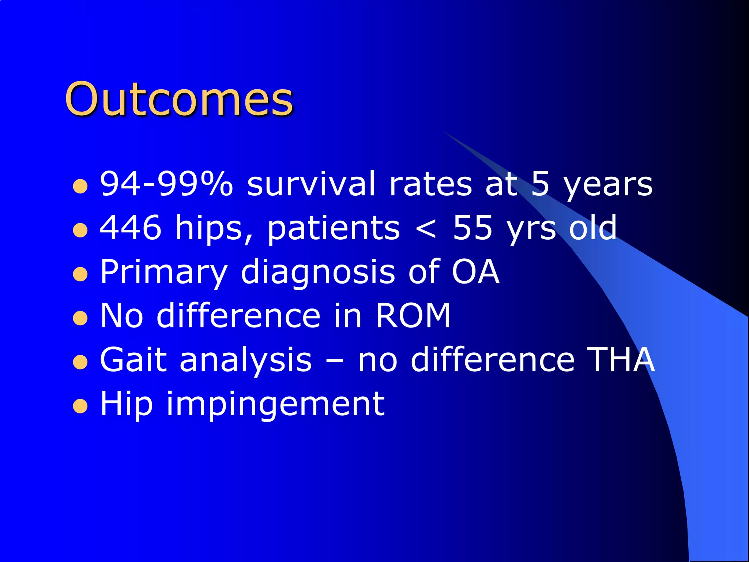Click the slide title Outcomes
tap(179, 99)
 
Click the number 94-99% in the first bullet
tap(166, 184)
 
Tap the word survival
tap(311, 184)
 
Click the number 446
tap(131, 228)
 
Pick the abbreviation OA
tap(475, 271)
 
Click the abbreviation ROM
tap(413, 315)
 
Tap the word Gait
tap(133, 360)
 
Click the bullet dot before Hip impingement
tap(80, 406)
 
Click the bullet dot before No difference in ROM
tap(80, 318)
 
